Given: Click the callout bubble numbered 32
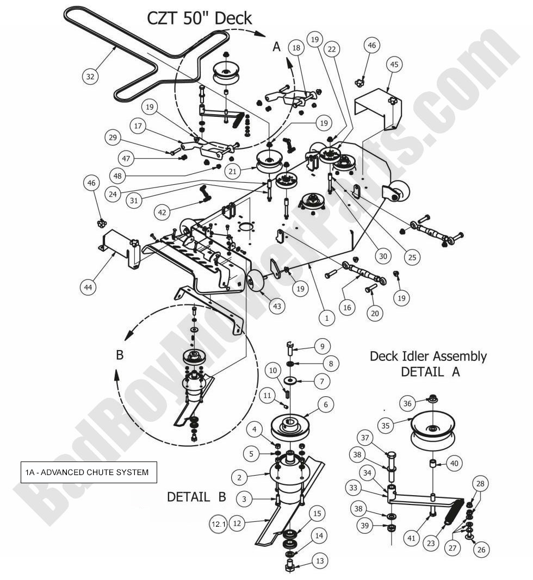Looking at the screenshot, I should tap(90, 77).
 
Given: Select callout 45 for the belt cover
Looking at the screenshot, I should tap(394, 64).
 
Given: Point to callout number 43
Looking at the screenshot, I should tap(277, 307).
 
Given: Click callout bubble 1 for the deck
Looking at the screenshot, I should tap(326, 318).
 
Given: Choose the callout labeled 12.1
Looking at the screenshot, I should tap(218, 524).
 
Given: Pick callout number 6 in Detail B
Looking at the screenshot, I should tap(326, 404).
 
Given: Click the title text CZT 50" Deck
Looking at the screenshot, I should tap(200, 18).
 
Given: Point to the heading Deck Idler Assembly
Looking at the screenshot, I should tap(428, 357).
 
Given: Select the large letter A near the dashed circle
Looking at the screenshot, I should tap(276, 47).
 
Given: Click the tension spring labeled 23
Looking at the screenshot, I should tap(453, 514).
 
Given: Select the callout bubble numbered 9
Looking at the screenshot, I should tap(321, 345).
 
